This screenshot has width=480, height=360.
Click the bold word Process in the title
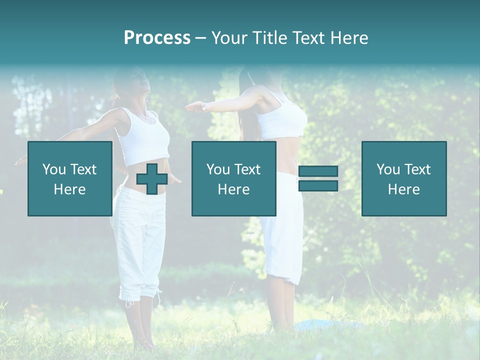coord(157,38)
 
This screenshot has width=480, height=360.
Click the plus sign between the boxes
coord(152,178)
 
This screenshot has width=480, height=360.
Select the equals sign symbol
coord(318,178)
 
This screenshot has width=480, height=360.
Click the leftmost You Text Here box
coord(69,178)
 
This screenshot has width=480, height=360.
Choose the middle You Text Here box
coord(233,178)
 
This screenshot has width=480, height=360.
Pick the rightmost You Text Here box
coord(403,178)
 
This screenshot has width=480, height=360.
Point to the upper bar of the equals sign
coord(318,171)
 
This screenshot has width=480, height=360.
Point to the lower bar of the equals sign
coord(318,186)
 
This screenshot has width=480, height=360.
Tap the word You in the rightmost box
coord(388,169)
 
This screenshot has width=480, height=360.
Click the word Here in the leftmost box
coord(69,189)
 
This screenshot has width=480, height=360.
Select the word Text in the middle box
coord(247,169)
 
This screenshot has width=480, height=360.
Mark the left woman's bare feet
coord(142,344)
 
